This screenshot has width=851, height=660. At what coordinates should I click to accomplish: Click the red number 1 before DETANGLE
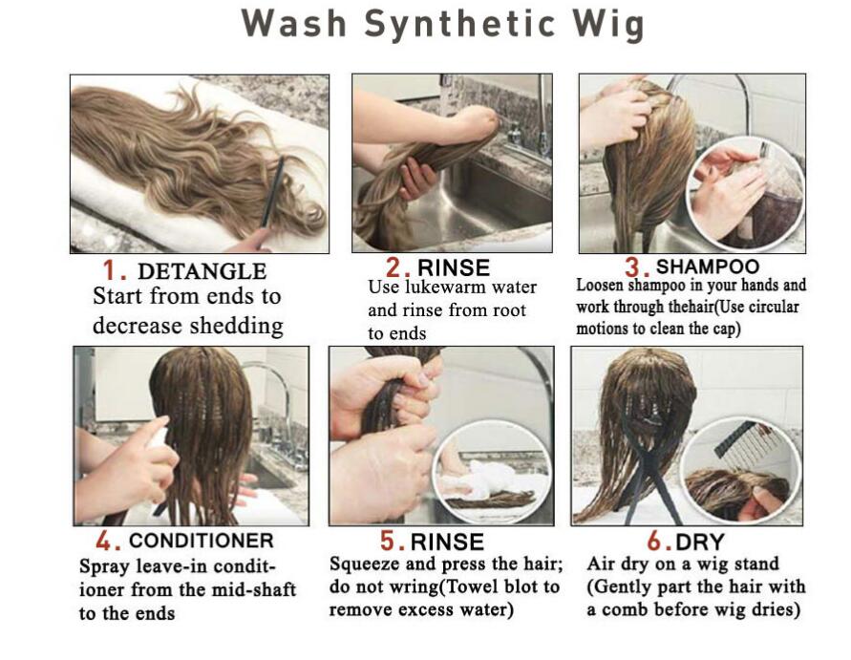pyautogui.click(x=110, y=270)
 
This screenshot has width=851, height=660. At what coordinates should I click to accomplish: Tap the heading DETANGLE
pyautogui.click(x=202, y=271)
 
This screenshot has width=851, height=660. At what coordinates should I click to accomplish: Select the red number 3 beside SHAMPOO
pyautogui.click(x=633, y=267)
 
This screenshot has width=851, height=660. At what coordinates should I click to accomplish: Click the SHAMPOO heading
pyautogui.click(x=707, y=266)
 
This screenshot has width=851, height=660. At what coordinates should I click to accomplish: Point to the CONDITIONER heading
pyautogui.click(x=202, y=541)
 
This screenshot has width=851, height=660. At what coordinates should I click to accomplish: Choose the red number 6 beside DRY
pyautogui.click(x=655, y=542)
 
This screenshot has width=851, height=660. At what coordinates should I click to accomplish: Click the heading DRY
pyautogui.click(x=700, y=542)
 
